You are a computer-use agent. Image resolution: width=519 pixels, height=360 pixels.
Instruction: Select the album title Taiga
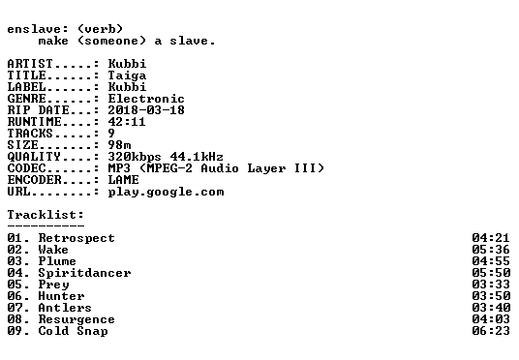pyautogui.click(x=127, y=75)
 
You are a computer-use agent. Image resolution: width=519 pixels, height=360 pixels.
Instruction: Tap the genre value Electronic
pyautogui.click(x=146, y=99)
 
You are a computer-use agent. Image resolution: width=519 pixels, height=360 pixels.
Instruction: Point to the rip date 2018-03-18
pyautogui.click(x=146, y=110)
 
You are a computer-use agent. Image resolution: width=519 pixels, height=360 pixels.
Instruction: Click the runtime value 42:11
pyautogui.click(x=127, y=122)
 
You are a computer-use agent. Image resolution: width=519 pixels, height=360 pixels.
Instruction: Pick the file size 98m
pyautogui.click(x=119, y=145)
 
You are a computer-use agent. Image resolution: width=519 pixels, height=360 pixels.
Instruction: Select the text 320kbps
pyautogui.click(x=135, y=157)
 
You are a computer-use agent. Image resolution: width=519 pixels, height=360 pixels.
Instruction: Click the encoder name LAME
pyautogui.click(x=124, y=180)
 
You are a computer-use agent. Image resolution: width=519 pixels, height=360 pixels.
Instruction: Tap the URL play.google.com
pyautogui.click(x=166, y=193)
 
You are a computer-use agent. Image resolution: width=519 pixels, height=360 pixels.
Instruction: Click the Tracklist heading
pyautogui.click(x=46, y=215)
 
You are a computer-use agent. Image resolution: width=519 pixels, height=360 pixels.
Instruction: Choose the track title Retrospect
pyautogui.click(x=76, y=239)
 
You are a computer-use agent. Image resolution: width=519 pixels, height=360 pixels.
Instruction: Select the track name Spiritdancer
pyautogui.click(x=84, y=273)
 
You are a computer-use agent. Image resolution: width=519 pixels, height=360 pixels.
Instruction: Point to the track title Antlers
pyautogui.click(x=65, y=308)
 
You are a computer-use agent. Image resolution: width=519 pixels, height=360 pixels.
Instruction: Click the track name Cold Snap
pyautogui.click(x=73, y=331)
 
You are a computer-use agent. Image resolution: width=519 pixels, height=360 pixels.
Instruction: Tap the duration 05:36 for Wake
pyautogui.click(x=491, y=250)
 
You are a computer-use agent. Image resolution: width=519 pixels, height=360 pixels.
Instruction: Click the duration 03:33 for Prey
pyautogui.click(x=491, y=285)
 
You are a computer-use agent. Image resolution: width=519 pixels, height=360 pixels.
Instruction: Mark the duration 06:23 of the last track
pyautogui.click(x=491, y=331)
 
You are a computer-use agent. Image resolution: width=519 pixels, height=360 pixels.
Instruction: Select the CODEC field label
pyautogui.click(x=26, y=168)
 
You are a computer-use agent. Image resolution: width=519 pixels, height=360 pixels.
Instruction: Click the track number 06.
pyautogui.click(x=15, y=296)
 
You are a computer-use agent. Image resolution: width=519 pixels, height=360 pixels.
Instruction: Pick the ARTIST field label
pyautogui.click(x=30, y=64)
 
